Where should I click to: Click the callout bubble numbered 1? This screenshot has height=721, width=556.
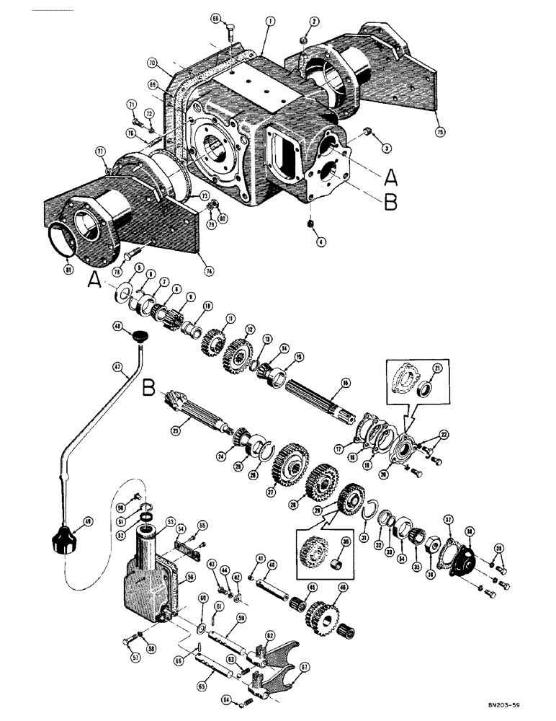[x=268, y=22]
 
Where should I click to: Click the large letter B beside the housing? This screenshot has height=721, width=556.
[x=390, y=203]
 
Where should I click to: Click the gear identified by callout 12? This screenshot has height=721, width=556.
[x=237, y=353]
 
